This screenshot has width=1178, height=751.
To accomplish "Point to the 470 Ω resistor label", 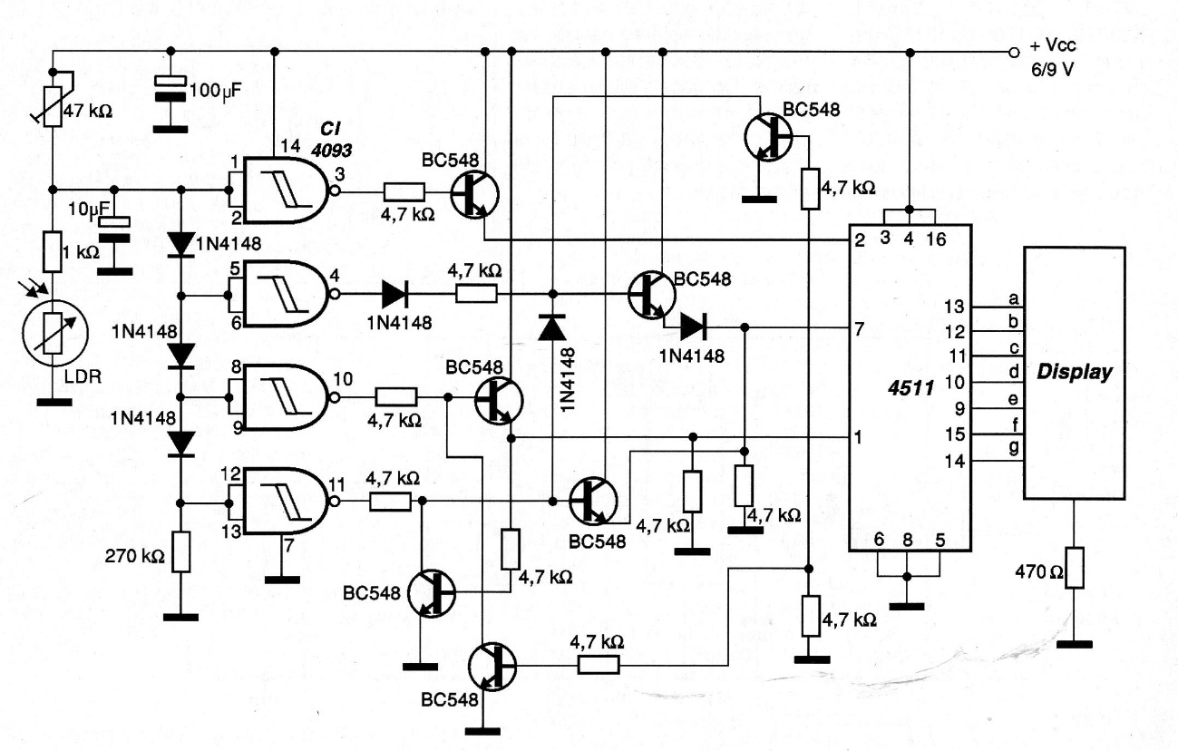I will [1035, 571].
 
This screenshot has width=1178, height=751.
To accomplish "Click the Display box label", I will [1076, 372].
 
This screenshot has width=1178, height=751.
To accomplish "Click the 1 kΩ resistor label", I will [82, 252].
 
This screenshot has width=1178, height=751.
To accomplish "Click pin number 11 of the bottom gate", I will [339, 482].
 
